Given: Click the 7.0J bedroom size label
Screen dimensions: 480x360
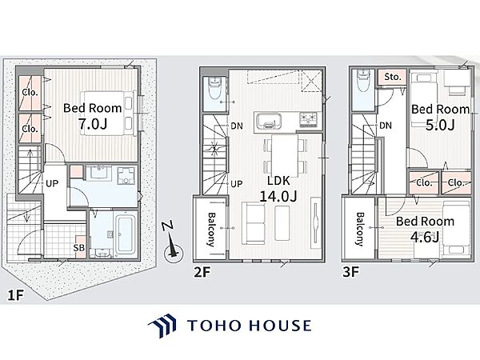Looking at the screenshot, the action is tap(93, 124).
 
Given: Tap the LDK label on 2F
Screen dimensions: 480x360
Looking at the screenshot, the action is tap(278, 181).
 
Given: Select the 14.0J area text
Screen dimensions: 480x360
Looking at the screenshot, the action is tap(278, 196).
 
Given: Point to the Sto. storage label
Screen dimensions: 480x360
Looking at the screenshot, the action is tap(393, 77).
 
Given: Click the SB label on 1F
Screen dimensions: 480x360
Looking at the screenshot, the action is tap(78, 247).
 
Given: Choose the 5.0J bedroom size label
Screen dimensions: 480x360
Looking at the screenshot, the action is tap(440, 125).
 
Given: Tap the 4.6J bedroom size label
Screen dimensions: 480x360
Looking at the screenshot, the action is tap(425, 237).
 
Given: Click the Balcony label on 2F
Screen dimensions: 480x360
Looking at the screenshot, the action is tap(211, 230).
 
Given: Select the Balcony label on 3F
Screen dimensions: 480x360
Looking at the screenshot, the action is tap(360, 230).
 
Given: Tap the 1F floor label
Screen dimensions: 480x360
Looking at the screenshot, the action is tap(15, 295).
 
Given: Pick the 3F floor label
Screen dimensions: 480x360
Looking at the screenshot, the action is tap(351, 271).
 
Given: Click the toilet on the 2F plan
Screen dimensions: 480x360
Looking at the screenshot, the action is tap(214, 88).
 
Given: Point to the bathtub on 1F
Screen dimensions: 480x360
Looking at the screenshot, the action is tap(126, 235).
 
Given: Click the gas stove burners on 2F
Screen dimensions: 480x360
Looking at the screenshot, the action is tap(309, 120).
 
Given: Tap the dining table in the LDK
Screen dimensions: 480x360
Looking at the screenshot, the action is tap(285, 155).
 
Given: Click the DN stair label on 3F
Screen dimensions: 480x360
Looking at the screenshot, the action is tap(386, 126).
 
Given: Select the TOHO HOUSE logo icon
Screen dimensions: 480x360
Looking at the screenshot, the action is tap(162, 326).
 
